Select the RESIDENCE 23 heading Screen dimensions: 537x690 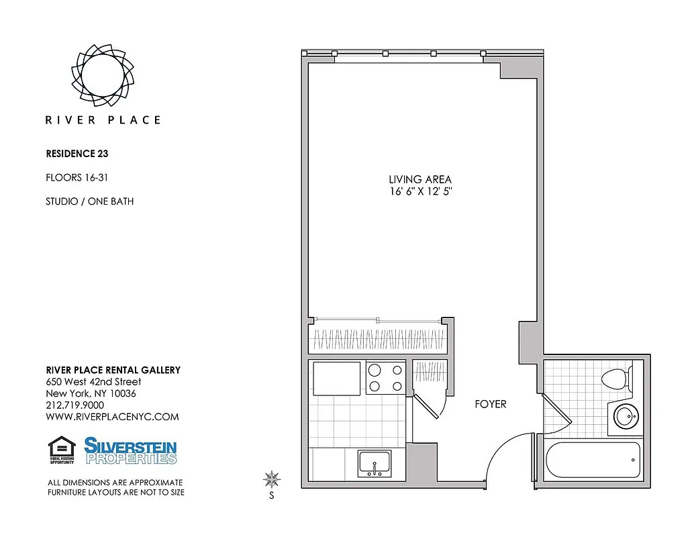pos(77,154)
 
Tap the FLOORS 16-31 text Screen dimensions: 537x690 pos(77,178)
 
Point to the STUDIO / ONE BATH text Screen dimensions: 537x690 pos(89,201)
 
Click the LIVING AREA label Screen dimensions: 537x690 pos(420,179)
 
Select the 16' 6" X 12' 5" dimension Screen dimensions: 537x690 pos(420,191)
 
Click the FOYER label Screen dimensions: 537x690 pos(490,404)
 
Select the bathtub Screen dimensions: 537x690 pos(591,460)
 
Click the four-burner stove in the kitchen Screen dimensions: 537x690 pos(385,377)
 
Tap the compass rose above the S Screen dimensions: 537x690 pos(272,479)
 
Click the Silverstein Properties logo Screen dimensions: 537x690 pos(130,450)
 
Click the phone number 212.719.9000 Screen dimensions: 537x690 pos(75,405)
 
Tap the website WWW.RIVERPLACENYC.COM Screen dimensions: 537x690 pos(112,417)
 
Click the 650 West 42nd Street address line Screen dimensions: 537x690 pos(93,382)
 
